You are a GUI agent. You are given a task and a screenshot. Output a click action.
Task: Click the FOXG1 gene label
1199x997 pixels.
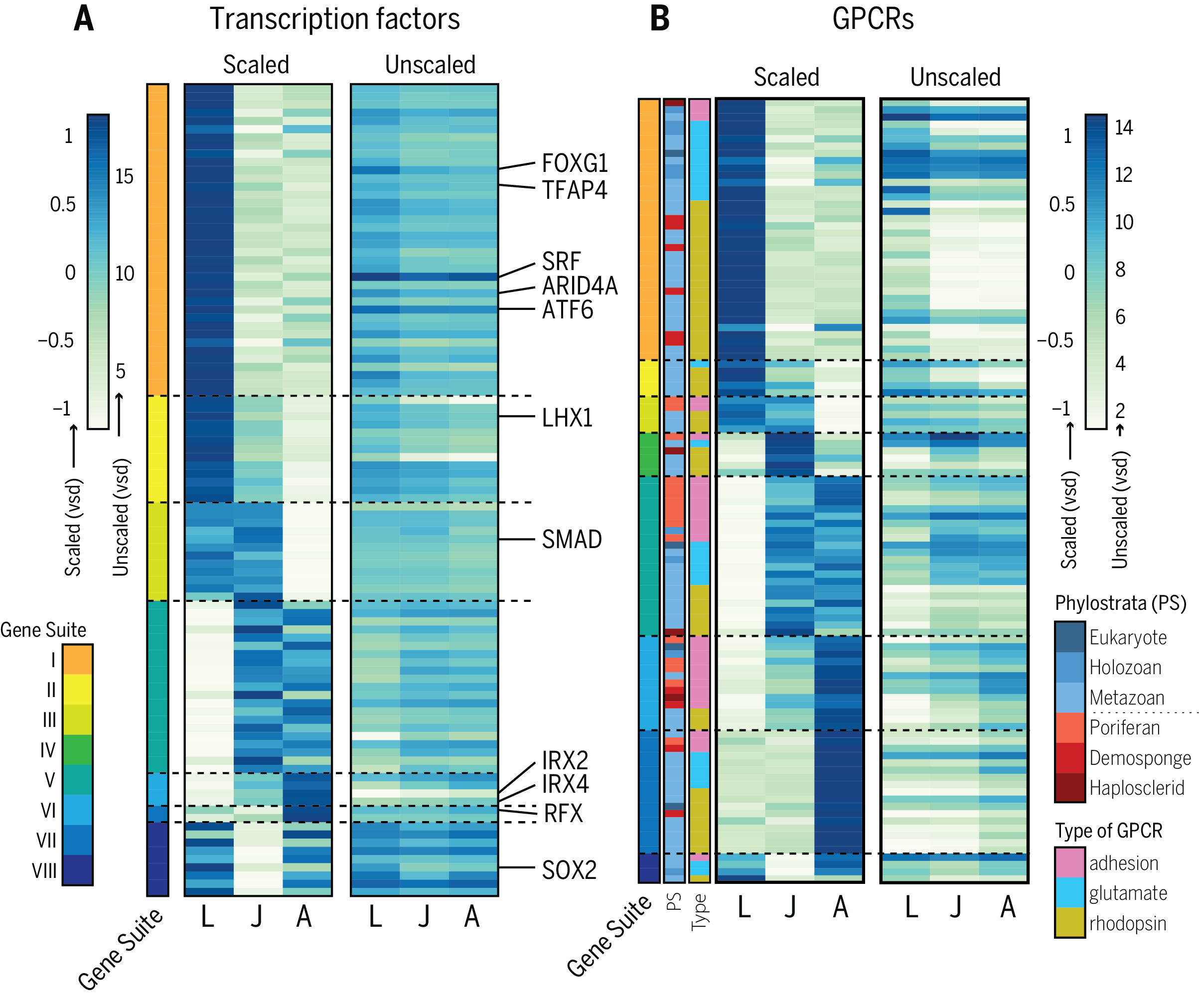(x=575, y=164)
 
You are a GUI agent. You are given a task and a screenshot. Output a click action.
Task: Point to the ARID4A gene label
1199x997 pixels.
(x=580, y=286)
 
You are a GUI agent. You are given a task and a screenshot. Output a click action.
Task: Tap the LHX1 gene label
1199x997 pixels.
(x=567, y=418)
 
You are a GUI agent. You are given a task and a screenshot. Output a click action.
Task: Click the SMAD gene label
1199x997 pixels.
(x=572, y=539)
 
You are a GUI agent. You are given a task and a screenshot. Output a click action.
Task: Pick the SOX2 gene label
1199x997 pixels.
(x=569, y=870)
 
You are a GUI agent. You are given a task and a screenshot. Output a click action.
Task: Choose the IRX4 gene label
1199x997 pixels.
(x=565, y=784)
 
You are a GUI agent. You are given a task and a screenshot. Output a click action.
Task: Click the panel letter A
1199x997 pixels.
(x=84, y=19)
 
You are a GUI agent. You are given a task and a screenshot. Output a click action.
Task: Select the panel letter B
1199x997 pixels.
(x=659, y=19)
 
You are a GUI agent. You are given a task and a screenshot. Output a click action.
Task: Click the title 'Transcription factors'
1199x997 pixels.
(x=334, y=19)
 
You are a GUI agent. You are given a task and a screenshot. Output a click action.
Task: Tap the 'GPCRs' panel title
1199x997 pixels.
(x=873, y=19)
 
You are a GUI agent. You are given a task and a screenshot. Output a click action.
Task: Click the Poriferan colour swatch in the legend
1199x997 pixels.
(x=1069, y=727)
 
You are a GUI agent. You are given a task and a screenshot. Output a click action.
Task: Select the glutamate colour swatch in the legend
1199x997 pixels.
(x=1069, y=892)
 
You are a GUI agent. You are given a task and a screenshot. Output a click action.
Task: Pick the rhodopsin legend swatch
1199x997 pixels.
(x=1069, y=923)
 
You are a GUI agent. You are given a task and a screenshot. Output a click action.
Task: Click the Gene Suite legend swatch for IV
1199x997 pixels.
(x=78, y=749)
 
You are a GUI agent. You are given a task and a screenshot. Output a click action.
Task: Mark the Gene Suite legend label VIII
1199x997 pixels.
(x=44, y=871)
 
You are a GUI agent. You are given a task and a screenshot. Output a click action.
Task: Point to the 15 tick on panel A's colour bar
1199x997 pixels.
(x=124, y=176)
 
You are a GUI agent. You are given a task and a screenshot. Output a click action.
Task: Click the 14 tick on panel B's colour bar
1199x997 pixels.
(x=1124, y=127)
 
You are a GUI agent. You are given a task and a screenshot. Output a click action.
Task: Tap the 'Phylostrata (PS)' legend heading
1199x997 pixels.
(x=1120, y=603)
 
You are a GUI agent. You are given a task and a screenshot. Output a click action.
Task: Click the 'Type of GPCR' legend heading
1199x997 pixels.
(x=1108, y=831)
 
